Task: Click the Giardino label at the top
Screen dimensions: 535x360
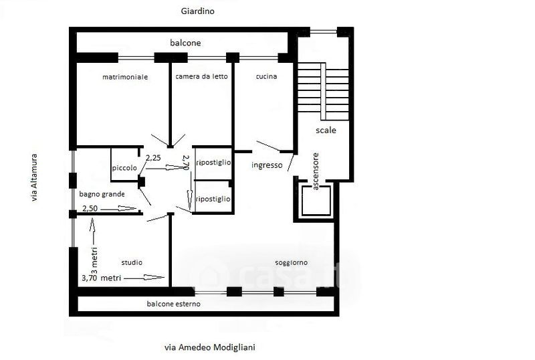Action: tap(197, 11)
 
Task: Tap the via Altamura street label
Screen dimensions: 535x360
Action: tap(34, 177)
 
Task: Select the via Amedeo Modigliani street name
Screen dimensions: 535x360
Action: tap(210, 347)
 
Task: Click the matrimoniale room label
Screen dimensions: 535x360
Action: tap(125, 77)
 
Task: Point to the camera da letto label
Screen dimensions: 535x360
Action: tap(202, 76)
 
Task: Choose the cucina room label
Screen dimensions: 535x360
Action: tap(266, 76)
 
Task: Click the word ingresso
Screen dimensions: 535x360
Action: tap(267, 165)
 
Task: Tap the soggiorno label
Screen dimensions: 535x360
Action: tap(292, 263)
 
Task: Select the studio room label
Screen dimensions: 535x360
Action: tap(132, 262)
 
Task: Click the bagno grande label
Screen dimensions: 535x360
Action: tap(102, 194)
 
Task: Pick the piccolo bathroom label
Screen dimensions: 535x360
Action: tap(124, 168)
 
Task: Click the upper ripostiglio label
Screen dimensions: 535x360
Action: tap(214, 163)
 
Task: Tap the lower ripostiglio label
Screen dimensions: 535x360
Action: tap(213, 199)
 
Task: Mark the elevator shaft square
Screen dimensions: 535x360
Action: tap(316, 201)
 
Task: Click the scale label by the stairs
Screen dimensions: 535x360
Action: tap(326, 130)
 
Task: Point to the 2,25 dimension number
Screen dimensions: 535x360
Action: tap(153, 158)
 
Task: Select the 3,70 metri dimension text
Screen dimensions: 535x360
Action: tap(102, 278)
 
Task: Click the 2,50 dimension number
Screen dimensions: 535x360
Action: tap(90, 208)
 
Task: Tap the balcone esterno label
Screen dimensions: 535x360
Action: tap(174, 304)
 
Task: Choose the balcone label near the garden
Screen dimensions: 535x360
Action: tap(185, 43)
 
